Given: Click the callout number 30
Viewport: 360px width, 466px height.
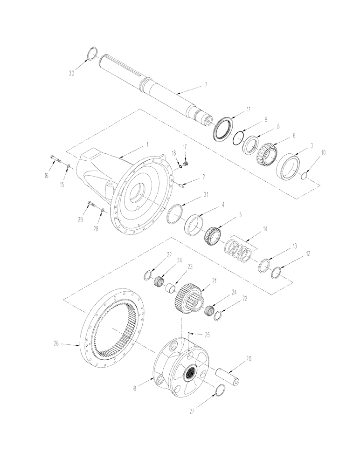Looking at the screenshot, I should pyautogui.click(x=71, y=73).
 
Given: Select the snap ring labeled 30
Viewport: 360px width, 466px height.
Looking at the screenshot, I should pyautogui.click(x=92, y=54).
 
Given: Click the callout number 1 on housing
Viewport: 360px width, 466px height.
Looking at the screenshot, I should pyautogui.click(x=147, y=145).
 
